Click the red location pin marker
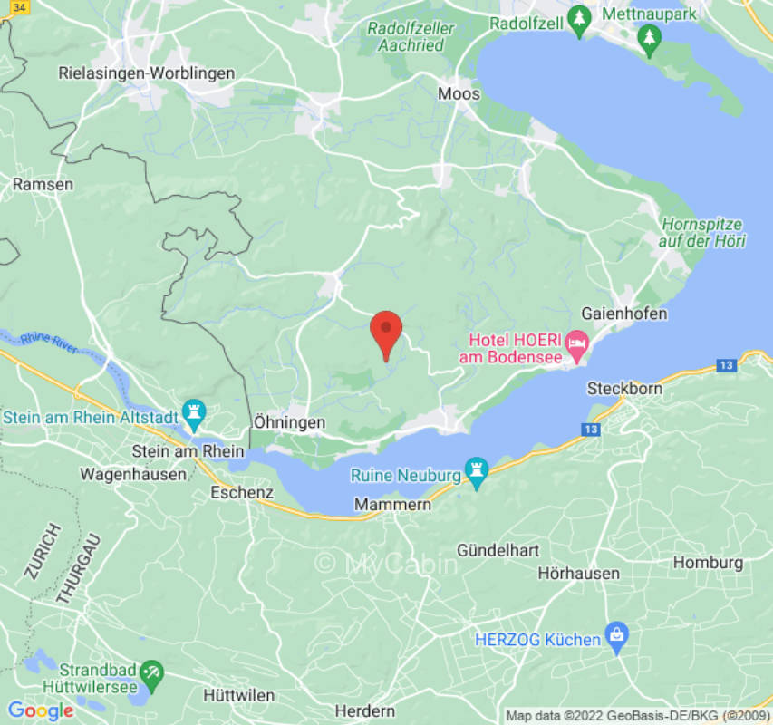tap(387, 332)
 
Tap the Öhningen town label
tap(289, 422)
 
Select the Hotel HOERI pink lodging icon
tap(576, 343)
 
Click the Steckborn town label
tap(624, 388)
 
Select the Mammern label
tap(393, 504)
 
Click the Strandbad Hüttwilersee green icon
tap(151, 672)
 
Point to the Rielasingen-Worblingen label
tap(147, 72)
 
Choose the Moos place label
tap(459, 93)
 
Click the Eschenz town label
tap(241, 493)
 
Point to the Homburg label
tap(708, 562)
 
